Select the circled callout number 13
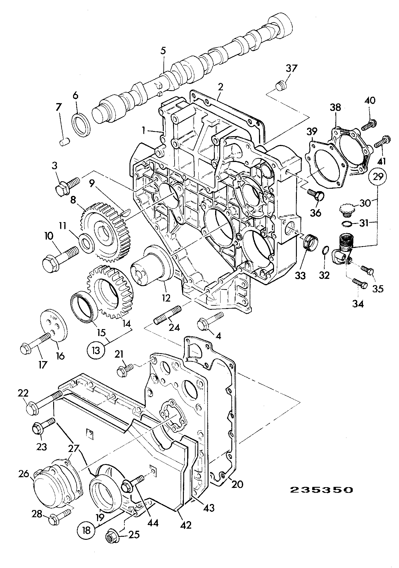(x=96, y=350)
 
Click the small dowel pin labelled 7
(x=65, y=141)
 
